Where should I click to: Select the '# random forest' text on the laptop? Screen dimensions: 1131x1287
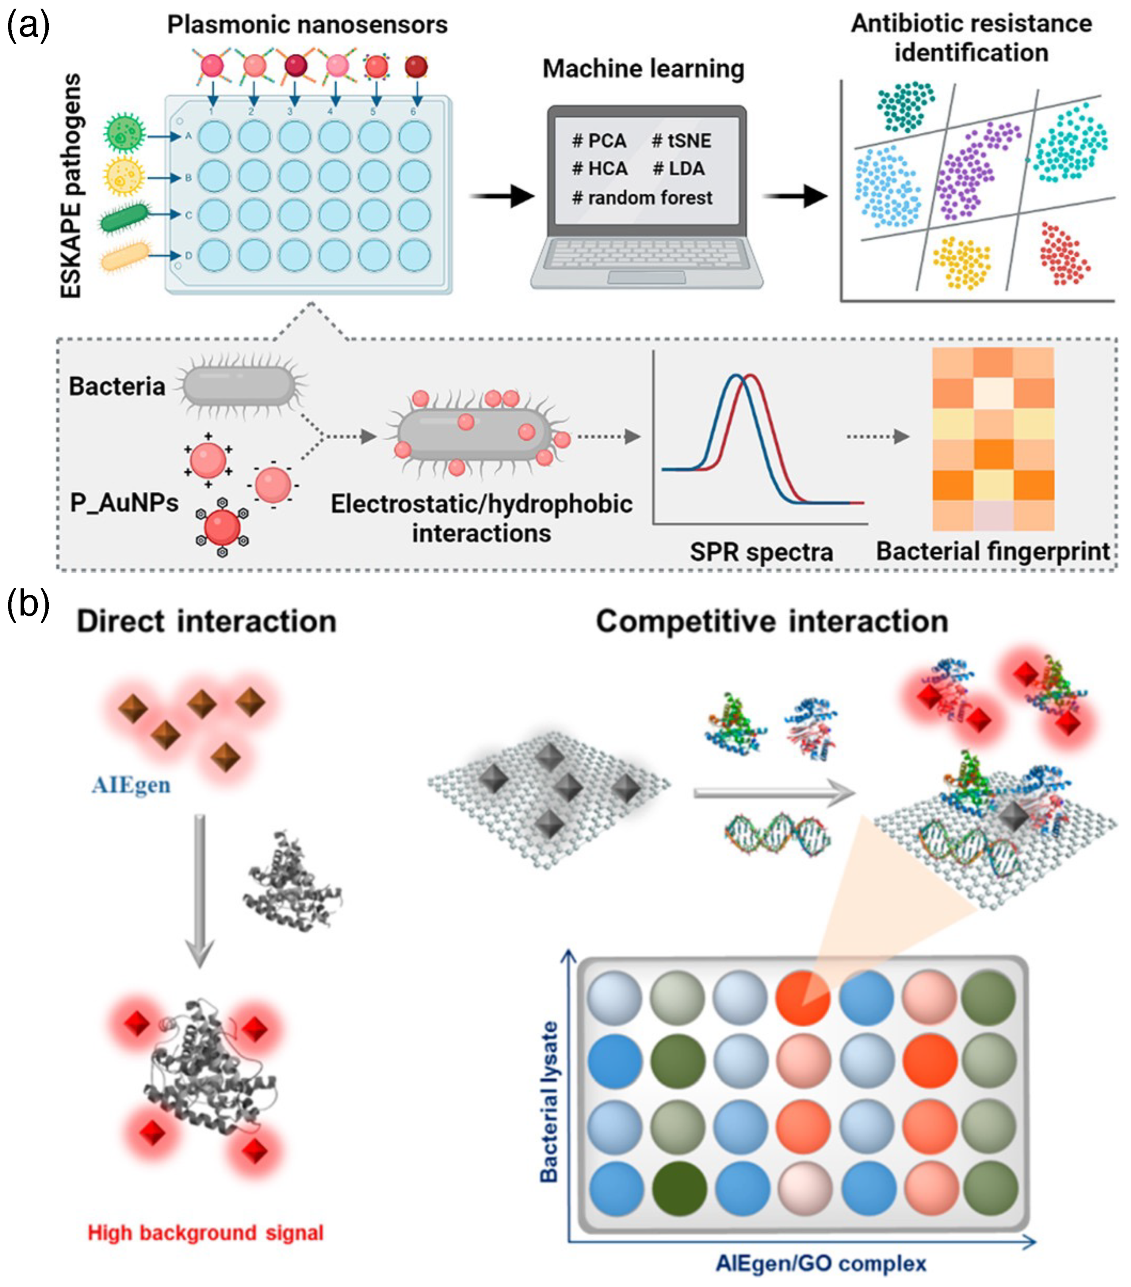[x=642, y=198]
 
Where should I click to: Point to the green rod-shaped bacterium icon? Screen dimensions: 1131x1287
[x=125, y=216]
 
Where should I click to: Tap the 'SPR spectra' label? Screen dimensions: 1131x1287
[x=761, y=552]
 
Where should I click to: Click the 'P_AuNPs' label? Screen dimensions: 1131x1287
[x=124, y=502]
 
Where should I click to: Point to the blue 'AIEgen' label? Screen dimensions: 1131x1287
[x=131, y=785]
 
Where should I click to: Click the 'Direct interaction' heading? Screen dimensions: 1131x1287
[x=206, y=621]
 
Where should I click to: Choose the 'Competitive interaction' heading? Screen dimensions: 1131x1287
[x=772, y=621]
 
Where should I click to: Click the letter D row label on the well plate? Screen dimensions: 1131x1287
[x=188, y=256]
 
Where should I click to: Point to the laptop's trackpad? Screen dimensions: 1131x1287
[x=646, y=278]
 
